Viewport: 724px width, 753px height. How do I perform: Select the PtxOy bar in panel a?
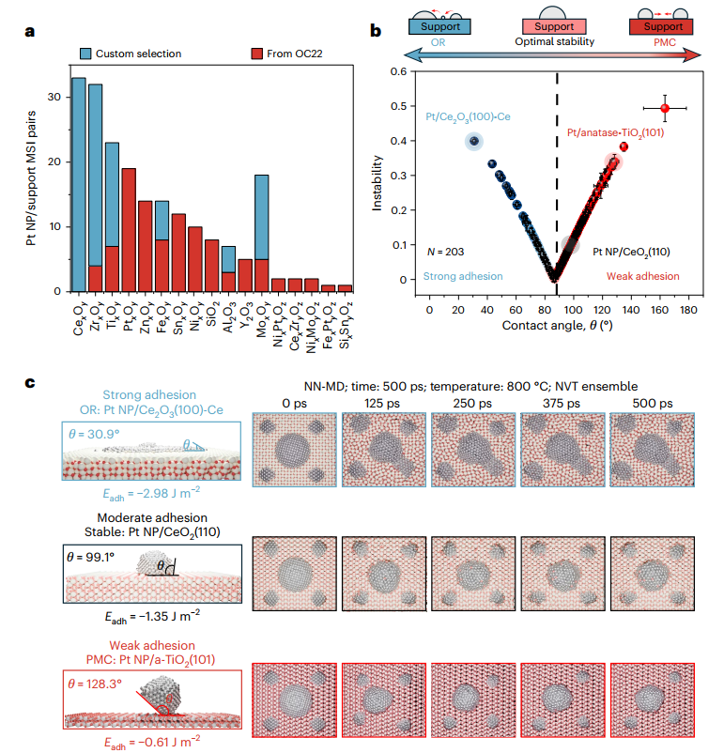130,230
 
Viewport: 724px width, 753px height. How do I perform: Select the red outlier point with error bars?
665,108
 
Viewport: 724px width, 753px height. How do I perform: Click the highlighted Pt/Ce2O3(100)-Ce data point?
474,141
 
